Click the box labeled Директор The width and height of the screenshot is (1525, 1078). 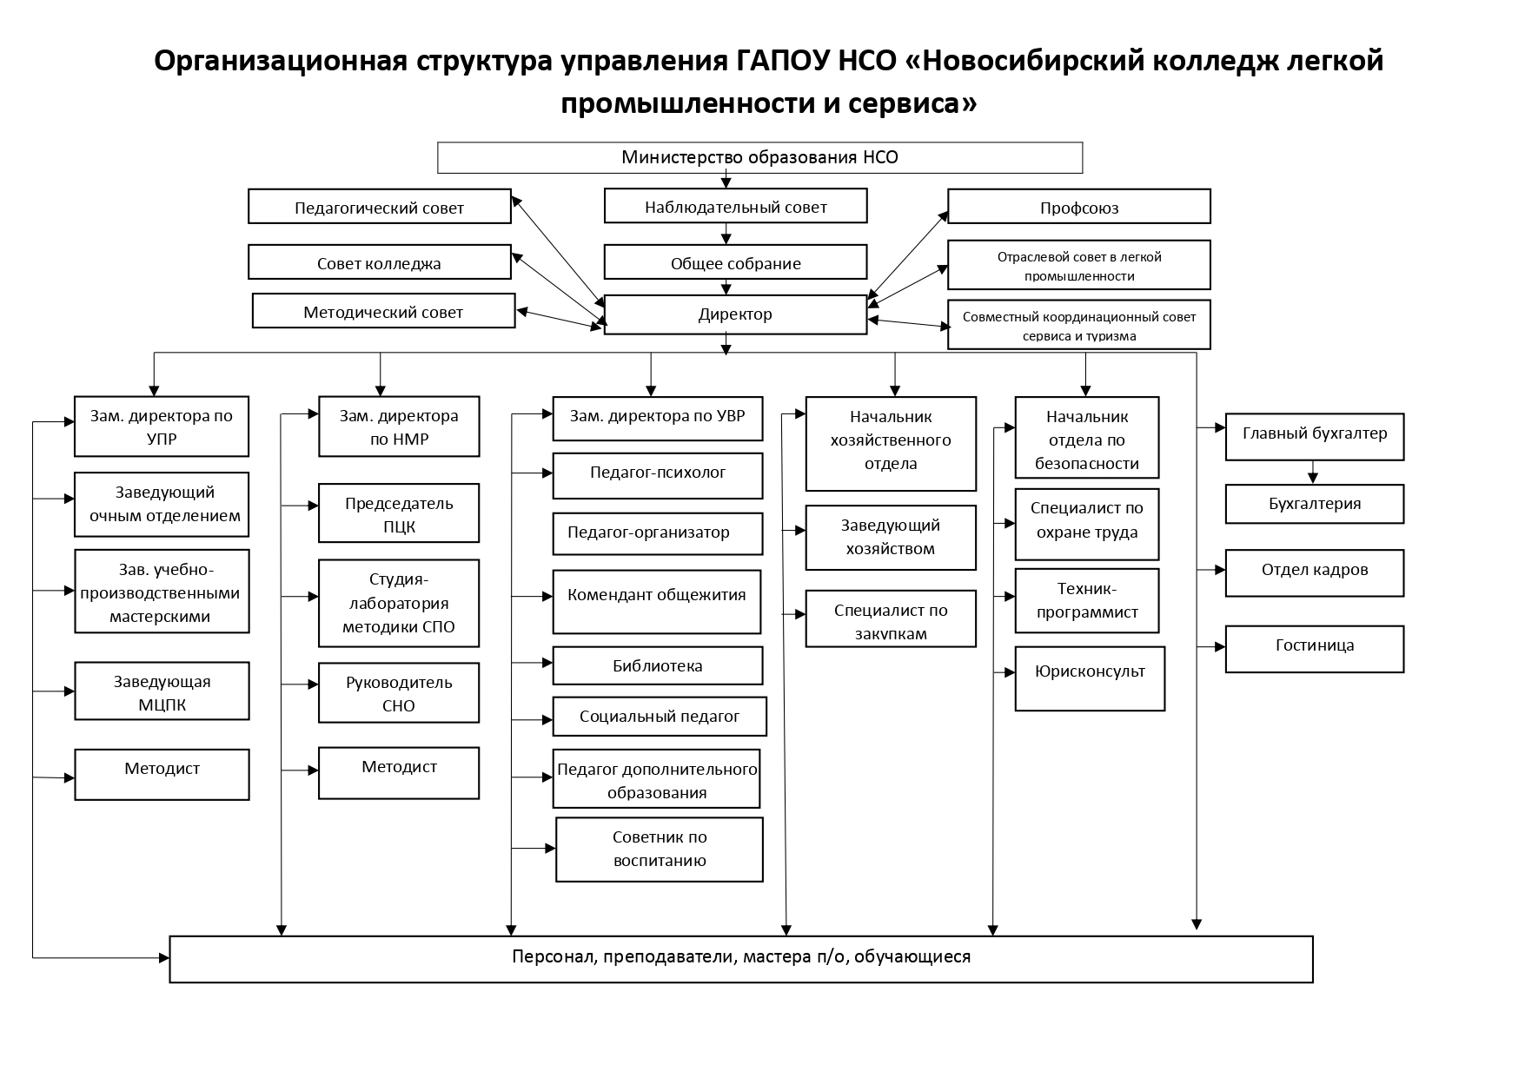point(735,314)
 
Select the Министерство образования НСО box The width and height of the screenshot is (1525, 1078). point(759,157)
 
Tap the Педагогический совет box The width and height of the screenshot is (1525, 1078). point(379,207)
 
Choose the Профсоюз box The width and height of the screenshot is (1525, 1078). point(1078,207)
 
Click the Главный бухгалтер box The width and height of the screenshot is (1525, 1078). point(1314,437)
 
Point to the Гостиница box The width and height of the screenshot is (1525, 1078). point(1314,649)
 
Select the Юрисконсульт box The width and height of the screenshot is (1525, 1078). point(1090,678)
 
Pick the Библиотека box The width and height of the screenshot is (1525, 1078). point(658,665)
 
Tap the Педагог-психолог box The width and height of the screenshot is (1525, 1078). point(658,476)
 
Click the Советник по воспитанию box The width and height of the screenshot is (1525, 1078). point(660,850)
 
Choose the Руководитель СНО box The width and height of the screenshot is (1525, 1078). point(399,693)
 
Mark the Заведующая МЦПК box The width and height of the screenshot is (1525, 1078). point(162,691)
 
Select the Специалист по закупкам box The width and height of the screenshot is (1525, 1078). point(891,618)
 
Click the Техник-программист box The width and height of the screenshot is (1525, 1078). point(1087,601)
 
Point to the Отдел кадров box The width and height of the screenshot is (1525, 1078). point(1314,573)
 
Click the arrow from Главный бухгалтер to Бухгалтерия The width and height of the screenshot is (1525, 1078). point(1313,472)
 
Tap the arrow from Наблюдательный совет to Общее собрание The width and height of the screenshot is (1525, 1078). point(726,234)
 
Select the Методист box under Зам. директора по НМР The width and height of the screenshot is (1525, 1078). point(399,773)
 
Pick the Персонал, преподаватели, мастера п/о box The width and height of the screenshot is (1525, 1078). point(740,959)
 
